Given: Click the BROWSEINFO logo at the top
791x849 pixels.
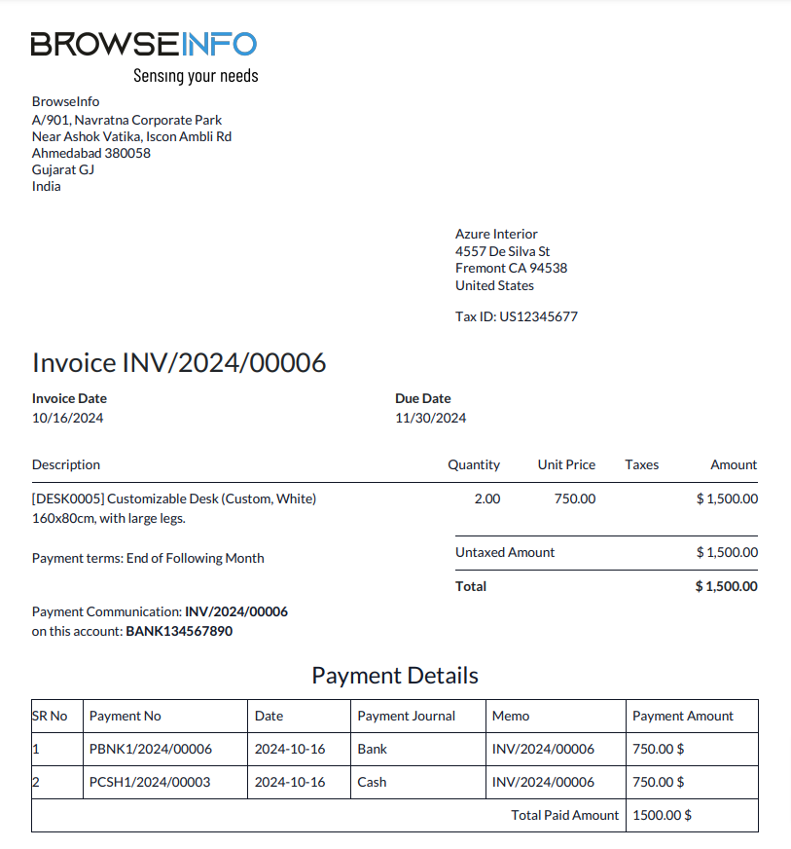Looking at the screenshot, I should coord(144,44).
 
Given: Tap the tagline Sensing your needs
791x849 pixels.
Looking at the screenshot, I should coord(196,75).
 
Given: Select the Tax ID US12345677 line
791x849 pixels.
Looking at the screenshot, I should coord(517,316).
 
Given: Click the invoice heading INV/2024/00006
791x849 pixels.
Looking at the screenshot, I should coord(179,363).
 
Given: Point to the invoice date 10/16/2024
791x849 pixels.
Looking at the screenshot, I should coord(68,418).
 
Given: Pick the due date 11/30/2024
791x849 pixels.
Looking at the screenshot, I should coord(430,418).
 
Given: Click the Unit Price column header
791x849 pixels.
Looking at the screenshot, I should coord(566,464).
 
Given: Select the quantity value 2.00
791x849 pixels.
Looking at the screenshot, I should coord(487,498).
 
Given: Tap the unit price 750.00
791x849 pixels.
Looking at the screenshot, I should coord(575,498).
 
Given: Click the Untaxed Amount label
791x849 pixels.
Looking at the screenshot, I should coord(505,552).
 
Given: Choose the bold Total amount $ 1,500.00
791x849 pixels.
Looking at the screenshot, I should coord(727,586).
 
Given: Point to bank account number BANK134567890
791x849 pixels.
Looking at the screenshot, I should coord(179,631).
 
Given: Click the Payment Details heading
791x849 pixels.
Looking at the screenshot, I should coord(395,676).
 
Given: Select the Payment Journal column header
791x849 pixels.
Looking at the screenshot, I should coord(407,716).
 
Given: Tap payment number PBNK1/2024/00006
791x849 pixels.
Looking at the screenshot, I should coord(151,749).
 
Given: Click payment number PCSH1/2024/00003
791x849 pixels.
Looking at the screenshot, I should coord(150,782).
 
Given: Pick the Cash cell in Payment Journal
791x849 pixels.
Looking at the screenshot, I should coord(372,782).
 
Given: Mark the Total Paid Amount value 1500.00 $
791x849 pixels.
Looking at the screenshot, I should coord(662,815).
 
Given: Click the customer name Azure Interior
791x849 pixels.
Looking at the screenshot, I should coord(496,234).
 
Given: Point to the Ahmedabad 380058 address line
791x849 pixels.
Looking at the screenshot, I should coord(91,153).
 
